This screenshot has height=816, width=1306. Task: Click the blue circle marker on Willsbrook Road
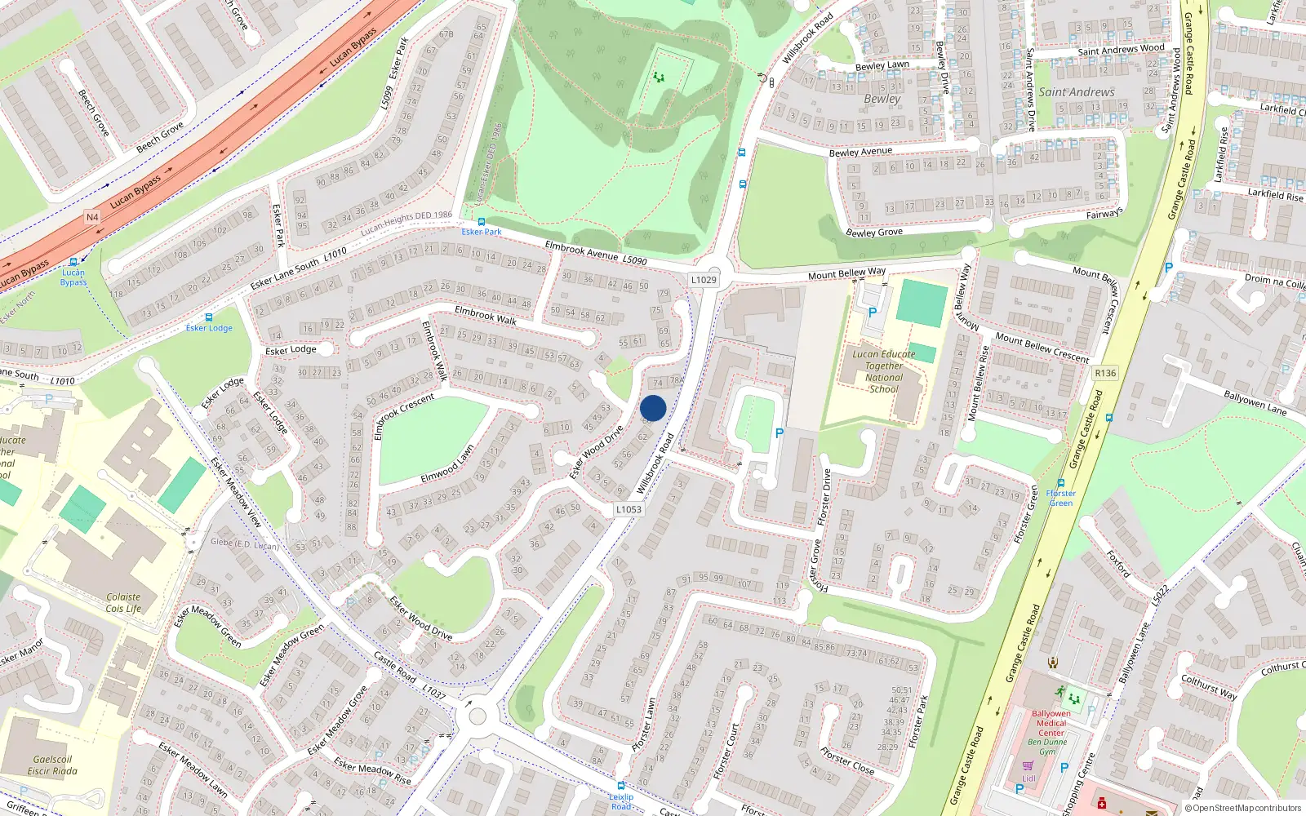coord(653,408)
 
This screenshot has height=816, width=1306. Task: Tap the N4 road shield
coord(92,217)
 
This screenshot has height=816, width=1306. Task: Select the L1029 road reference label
coord(704,280)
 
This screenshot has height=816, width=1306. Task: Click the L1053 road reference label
coord(629,509)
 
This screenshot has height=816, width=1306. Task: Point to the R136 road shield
coord(1105,373)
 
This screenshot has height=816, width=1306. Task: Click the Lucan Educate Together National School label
coord(883,371)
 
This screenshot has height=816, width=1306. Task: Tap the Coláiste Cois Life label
coord(123,602)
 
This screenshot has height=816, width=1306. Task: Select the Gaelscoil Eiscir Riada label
coord(52,765)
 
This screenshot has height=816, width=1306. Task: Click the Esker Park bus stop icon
coord(481,221)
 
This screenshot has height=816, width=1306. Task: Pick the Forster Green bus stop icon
coord(1061,483)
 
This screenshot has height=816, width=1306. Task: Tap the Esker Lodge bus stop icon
coord(209,317)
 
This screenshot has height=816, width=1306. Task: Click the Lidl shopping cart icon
coord(1028,765)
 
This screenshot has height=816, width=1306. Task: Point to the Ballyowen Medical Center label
coord(1051,723)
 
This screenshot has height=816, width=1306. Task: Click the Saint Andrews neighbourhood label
coord(1076,92)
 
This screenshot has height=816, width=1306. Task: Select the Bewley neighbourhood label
coord(882,99)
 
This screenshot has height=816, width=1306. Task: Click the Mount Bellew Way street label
coord(846,273)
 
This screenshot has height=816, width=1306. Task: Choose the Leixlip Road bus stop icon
coord(621,787)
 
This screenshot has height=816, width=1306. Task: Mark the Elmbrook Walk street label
coord(486,315)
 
